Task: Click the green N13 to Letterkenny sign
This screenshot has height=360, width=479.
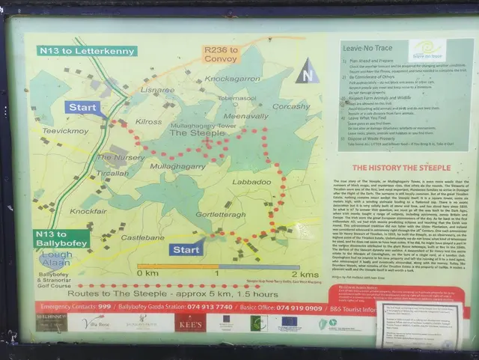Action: click(86, 51)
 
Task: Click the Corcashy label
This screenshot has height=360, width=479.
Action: click(291, 106)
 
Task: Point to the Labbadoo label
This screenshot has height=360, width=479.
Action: click(251, 181)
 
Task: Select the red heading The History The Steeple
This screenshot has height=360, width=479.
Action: click(402, 168)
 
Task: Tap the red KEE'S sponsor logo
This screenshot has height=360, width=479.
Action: click(189, 322)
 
